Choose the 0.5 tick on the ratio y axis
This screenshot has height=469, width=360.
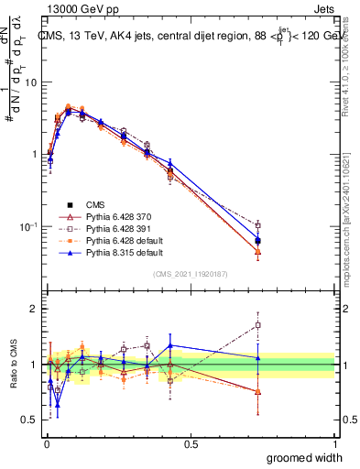(30, 420)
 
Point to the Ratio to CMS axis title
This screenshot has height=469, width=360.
(13, 365)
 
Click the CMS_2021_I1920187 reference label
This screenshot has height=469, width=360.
(190, 274)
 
